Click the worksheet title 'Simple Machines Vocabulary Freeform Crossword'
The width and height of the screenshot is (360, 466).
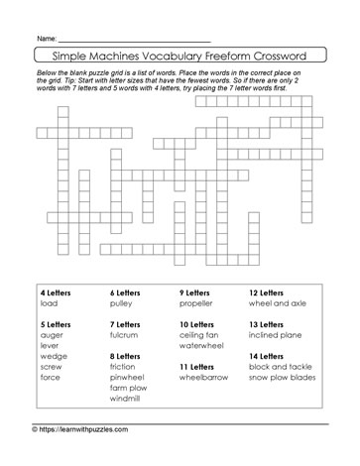click(x=180, y=56)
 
